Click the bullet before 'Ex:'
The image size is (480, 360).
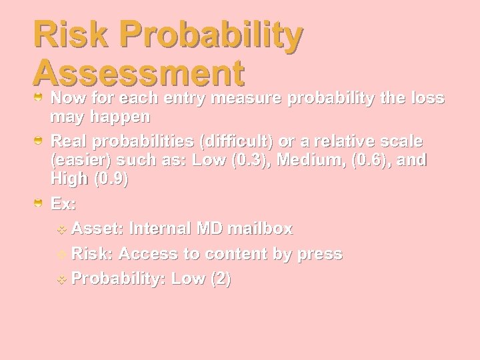[40, 203]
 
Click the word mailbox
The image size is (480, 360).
[259, 229]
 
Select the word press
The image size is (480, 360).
[318, 254]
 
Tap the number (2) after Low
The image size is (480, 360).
[221, 279]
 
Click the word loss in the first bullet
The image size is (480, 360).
[429, 99]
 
